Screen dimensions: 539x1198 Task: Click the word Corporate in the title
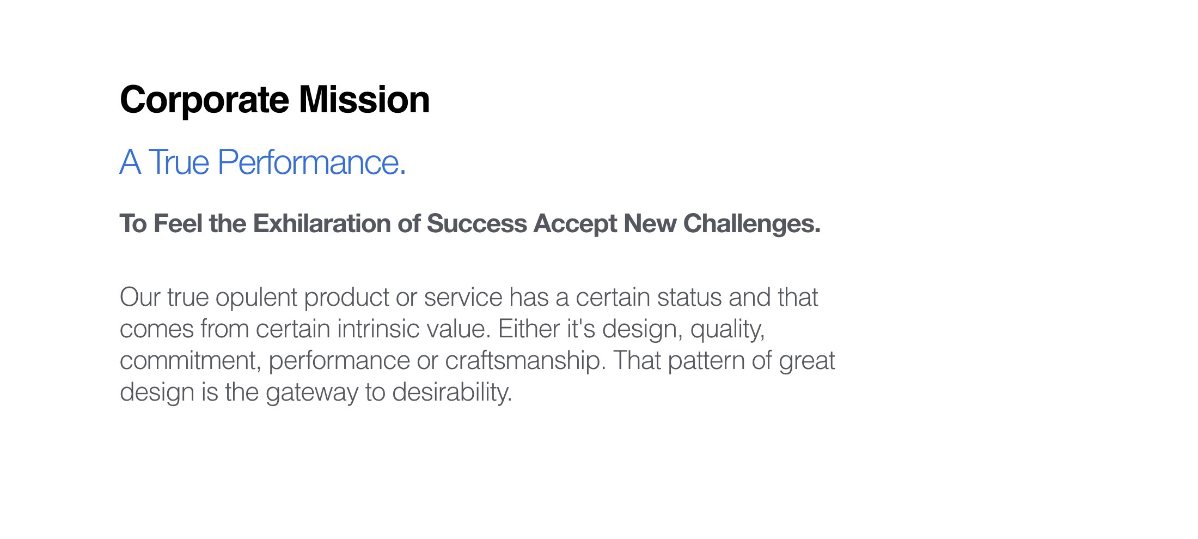(x=204, y=100)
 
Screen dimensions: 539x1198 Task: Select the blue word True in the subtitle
(x=179, y=162)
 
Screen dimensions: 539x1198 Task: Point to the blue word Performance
(x=311, y=162)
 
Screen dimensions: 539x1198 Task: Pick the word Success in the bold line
(x=476, y=224)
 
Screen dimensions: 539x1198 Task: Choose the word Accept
(x=574, y=224)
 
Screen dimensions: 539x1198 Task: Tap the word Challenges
(x=751, y=224)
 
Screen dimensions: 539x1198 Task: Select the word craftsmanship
(x=525, y=361)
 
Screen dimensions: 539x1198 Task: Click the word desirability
(x=452, y=392)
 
